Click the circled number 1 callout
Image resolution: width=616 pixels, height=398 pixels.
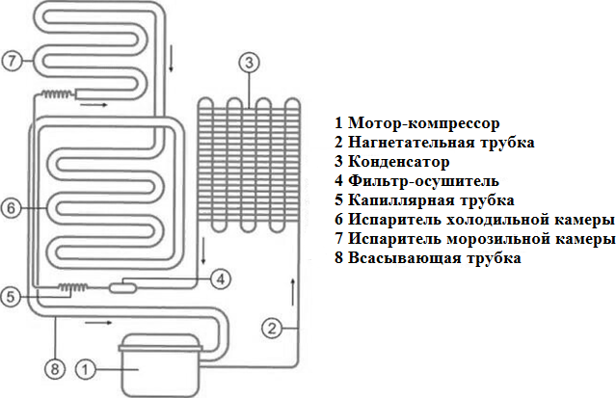85,368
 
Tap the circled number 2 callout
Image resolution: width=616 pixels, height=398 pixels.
275,328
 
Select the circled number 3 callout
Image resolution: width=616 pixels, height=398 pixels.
248,64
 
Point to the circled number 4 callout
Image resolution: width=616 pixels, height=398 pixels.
220,279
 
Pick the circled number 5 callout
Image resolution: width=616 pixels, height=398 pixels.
11,297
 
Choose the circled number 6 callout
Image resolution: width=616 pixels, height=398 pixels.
11,207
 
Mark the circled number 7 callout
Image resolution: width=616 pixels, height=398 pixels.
11,61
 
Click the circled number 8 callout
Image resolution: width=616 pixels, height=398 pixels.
55,367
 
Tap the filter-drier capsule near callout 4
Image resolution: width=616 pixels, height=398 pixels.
122,286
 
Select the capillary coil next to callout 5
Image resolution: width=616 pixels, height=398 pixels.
71,286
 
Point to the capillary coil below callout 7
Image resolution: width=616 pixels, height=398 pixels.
55,94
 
